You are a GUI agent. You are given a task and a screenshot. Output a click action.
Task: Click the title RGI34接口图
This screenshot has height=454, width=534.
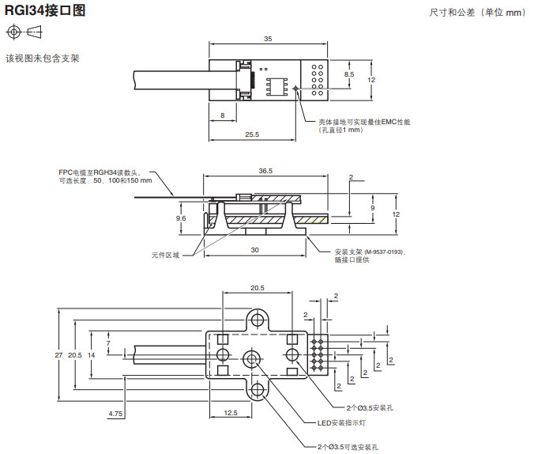pyautogui.click(x=45, y=11)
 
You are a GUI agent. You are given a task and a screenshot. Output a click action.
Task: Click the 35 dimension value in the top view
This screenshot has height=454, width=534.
pyautogui.click(x=268, y=38)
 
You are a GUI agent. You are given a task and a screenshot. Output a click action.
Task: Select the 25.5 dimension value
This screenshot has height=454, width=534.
pyautogui.click(x=252, y=134)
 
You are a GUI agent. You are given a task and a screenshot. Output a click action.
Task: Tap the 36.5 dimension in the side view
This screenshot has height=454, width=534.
pyautogui.click(x=265, y=171)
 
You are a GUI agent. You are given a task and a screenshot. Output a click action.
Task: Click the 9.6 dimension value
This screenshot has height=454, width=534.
pyautogui.click(x=181, y=218)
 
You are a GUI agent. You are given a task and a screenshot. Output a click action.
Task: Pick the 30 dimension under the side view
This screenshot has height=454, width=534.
pyautogui.click(x=254, y=249)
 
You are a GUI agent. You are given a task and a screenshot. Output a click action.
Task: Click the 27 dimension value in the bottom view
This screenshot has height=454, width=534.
pyautogui.click(x=58, y=355)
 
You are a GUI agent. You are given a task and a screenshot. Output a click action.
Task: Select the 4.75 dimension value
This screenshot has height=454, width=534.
pyautogui.click(x=115, y=413)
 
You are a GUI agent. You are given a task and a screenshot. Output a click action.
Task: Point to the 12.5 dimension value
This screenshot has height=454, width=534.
pyautogui.click(x=231, y=413)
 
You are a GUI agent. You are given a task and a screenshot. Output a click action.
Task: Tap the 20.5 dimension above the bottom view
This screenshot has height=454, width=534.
pyautogui.click(x=257, y=288)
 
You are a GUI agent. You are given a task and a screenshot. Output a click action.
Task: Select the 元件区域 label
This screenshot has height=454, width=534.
pyautogui.click(x=166, y=255)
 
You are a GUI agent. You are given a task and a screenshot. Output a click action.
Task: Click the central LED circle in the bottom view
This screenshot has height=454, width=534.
pyautogui.click(x=253, y=358)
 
